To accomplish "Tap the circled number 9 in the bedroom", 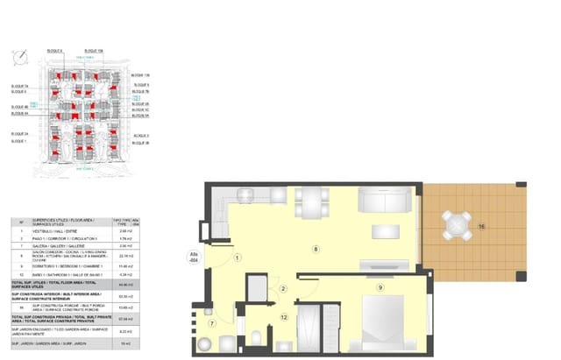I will (x=380, y=286).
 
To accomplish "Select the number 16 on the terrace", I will (x=482, y=227).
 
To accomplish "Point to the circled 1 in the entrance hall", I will (x=237, y=257).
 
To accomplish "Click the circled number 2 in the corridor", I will (x=283, y=288).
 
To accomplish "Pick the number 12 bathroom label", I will (x=283, y=317).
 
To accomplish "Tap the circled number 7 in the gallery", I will (x=212, y=323).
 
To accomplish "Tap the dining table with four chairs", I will (x=311, y=202).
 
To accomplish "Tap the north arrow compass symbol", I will (x=19, y=57).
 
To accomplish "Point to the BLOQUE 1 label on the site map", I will (x=19, y=140).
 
